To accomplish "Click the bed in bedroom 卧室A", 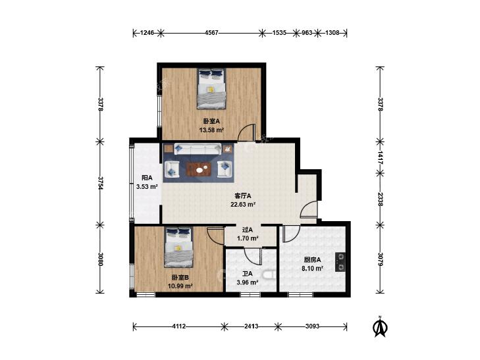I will pos(212,90).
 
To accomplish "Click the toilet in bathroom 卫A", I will pos(269,274).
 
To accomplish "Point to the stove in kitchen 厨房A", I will pos(340,262).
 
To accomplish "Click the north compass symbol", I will pos(379,326).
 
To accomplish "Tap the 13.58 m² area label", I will pos(211,130).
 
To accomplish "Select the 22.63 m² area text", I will pos(243,204).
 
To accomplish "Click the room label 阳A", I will pos(147,178).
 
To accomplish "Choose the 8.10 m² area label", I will pos(312,268).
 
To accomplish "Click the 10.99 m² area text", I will pos(180,286).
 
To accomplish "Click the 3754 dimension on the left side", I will pos(100,183).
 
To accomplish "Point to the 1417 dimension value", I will pos(380,157).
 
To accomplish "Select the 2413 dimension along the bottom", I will pos(248,324).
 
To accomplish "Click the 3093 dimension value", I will pos(312,324).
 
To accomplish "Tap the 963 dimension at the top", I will pos(307,32).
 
